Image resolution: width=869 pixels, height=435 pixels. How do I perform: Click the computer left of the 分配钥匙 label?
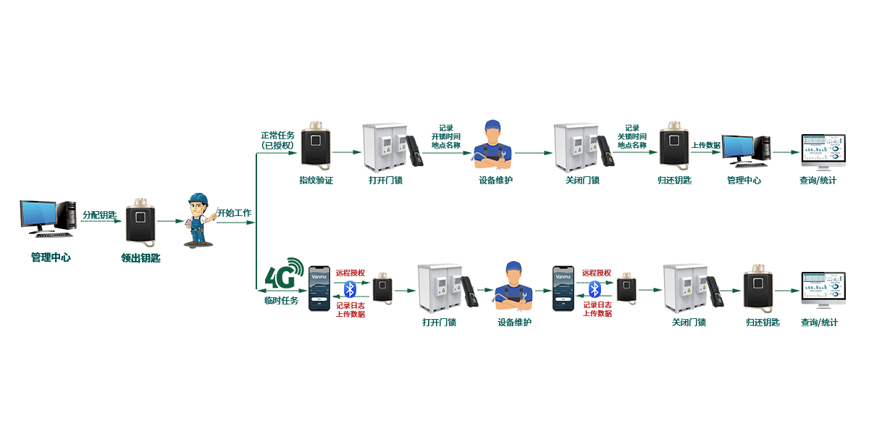[48, 218]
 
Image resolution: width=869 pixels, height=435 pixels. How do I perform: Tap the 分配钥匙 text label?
[99, 215]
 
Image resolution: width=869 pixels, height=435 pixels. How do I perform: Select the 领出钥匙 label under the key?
[140, 257]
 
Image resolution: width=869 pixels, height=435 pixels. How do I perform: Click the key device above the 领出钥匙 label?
[140, 222]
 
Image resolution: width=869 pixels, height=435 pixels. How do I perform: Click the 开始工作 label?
[234, 214]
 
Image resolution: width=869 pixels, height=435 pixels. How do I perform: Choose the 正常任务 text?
[277, 136]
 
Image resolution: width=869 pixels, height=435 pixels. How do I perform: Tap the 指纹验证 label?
[316, 180]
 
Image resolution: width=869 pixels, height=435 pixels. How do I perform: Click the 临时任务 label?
[281, 300]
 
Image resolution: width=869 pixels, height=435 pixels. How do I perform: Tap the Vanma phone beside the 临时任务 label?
[319, 289]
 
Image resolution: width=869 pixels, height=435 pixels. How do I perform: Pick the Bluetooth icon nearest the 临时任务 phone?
[350, 289]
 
